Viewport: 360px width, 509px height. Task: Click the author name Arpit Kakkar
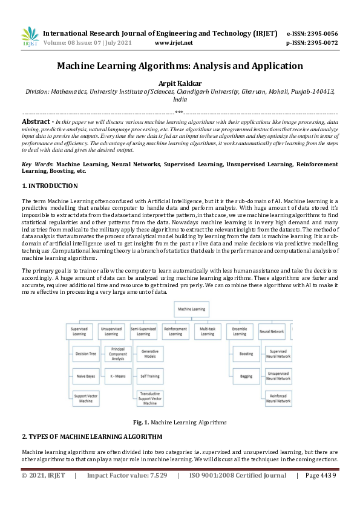tap(180, 83)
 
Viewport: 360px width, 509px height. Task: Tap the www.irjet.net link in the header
tap(174, 43)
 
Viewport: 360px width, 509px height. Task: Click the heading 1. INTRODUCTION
tap(50, 186)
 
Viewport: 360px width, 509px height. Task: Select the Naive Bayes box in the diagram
tap(86, 375)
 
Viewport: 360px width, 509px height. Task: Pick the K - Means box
tap(117, 375)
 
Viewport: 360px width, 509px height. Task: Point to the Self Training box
tap(149, 375)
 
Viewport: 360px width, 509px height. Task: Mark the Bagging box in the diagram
tap(246, 375)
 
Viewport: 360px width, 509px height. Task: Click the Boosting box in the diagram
tap(246, 354)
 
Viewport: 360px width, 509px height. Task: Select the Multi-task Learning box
tap(208, 331)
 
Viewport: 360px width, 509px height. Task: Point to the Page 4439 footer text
tap(321, 475)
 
